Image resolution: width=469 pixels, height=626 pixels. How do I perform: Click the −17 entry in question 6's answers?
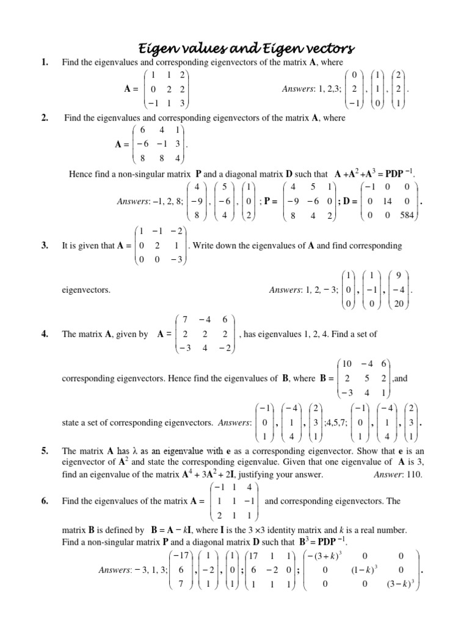point(181,555)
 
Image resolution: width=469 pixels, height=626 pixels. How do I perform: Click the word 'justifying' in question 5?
point(254,474)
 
